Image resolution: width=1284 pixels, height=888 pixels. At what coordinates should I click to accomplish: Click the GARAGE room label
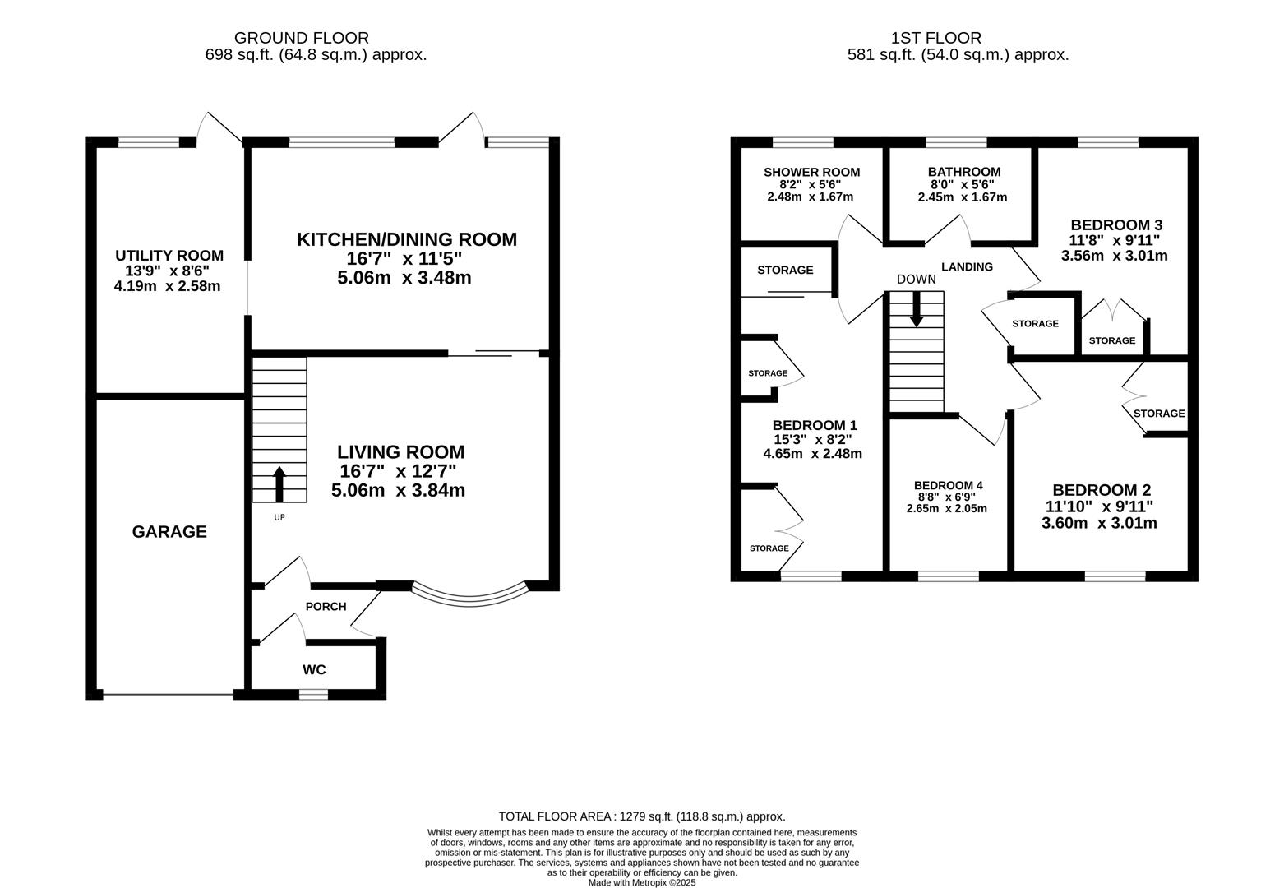[x=169, y=532]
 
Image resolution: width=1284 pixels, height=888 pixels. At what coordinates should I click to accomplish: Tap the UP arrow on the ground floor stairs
[x=279, y=484]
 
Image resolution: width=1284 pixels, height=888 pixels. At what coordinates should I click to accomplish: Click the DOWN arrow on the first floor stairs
[x=917, y=309]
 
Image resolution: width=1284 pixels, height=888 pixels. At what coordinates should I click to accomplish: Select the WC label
[x=314, y=669]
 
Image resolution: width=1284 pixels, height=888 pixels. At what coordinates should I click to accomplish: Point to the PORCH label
[x=326, y=607]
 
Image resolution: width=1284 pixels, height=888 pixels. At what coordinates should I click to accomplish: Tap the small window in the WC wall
[x=313, y=694]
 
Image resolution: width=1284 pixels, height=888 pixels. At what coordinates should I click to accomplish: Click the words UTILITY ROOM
[x=169, y=256]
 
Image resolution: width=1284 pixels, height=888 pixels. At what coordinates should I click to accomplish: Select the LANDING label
[x=967, y=266]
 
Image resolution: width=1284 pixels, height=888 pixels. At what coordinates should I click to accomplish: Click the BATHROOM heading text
[x=964, y=172]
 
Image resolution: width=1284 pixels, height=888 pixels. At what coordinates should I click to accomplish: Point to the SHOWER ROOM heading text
[x=811, y=172]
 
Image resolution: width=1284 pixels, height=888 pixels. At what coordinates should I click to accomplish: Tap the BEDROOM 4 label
[x=948, y=486]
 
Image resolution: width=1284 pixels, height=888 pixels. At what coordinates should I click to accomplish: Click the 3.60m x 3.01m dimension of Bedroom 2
[x=1099, y=524]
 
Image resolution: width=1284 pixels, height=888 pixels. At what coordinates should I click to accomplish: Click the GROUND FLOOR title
[x=302, y=38]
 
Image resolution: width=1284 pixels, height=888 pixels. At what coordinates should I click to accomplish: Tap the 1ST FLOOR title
[x=936, y=38]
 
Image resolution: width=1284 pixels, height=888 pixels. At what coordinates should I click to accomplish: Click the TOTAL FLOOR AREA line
[x=642, y=816]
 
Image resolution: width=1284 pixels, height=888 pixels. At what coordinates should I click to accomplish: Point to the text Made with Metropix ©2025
[x=642, y=882]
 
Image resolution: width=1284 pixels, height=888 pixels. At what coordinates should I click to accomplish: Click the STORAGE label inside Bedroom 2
[x=1159, y=414]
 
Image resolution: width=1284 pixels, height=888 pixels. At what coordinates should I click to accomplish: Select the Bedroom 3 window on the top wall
[x=1108, y=143]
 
